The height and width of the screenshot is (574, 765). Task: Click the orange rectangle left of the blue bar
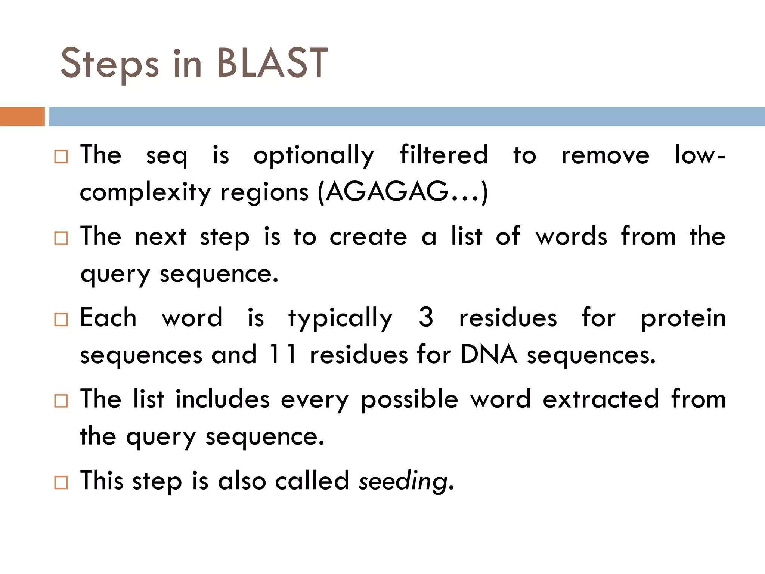[22, 117]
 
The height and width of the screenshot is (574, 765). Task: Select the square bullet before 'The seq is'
[61, 157]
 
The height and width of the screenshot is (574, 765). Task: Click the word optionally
[313, 155]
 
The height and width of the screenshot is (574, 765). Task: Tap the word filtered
[444, 155]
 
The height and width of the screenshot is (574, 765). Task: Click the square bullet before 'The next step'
[61, 238]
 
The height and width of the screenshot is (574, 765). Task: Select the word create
[368, 237]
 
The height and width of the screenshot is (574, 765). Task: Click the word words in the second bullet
[572, 237]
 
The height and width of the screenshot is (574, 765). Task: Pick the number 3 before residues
[426, 318]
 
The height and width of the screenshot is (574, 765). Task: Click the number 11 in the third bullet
[283, 354]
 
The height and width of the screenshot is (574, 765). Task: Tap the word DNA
[489, 354]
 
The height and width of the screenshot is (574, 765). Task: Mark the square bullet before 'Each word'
[61, 320]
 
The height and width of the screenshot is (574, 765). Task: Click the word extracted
[601, 399]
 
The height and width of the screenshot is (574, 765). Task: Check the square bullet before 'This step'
[61, 482]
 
